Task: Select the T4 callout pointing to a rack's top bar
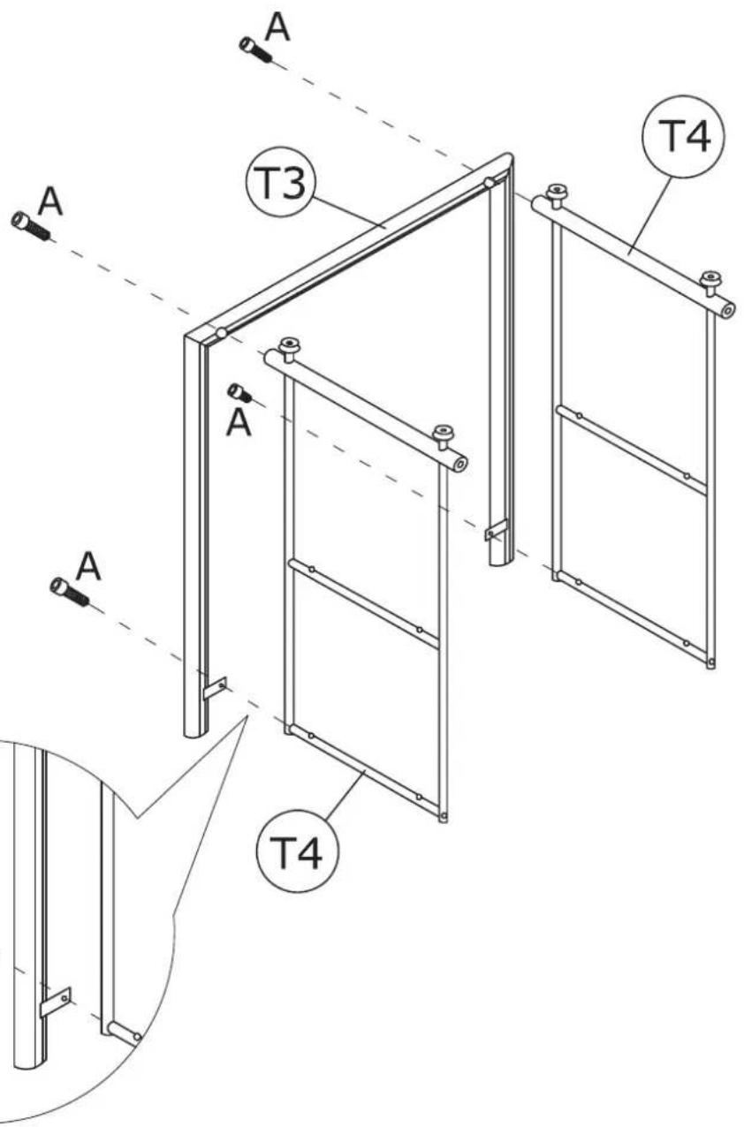click(x=683, y=136)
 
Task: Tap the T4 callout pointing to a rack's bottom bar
click(x=298, y=851)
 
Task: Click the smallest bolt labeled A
click(x=239, y=392)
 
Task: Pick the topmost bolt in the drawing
click(x=254, y=49)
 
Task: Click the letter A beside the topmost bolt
click(x=277, y=27)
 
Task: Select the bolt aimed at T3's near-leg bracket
click(x=70, y=591)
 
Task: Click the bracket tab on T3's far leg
click(x=496, y=530)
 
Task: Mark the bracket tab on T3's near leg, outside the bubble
click(x=215, y=688)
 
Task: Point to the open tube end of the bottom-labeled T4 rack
click(x=459, y=465)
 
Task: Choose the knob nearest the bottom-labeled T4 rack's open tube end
click(x=444, y=435)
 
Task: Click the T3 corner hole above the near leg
click(x=221, y=333)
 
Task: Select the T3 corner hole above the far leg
click(x=489, y=183)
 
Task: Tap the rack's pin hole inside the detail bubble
click(x=136, y=1036)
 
